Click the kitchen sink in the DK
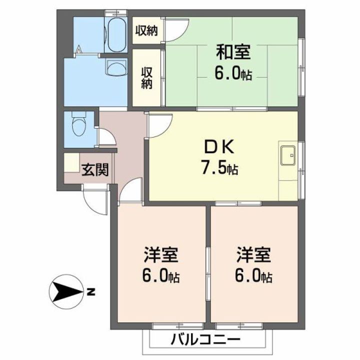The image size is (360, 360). pyautogui.click(x=288, y=155)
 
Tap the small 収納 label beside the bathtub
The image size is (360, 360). pyautogui.click(x=146, y=31)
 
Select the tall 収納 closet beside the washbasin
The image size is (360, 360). pyautogui.click(x=146, y=77)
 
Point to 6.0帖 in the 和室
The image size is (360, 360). pyautogui.click(x=233, y=74)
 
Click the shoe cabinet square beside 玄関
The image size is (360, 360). pyautogui.click(x=71, y=162)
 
